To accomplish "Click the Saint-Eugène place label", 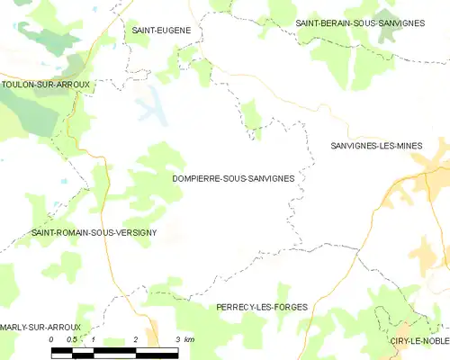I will click(161, 31).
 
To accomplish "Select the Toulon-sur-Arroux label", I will click(45, 85).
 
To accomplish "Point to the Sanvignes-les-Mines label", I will click(389, 145).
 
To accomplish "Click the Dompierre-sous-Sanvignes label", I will click(233, 178).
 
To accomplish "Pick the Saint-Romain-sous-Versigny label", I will click(94, 232).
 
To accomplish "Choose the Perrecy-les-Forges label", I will click(262, 307).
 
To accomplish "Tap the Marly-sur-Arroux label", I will click(40, 327).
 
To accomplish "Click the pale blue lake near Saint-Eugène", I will click(151, 103).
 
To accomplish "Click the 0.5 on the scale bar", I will click(72, 339).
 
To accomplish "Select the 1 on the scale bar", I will click(94, 339).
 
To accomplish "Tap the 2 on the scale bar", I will click(135, 339).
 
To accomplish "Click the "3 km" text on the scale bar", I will click(184, 339).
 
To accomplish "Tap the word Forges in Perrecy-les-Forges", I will click(289, 307).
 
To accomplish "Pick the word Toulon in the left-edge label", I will click(19, 85).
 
